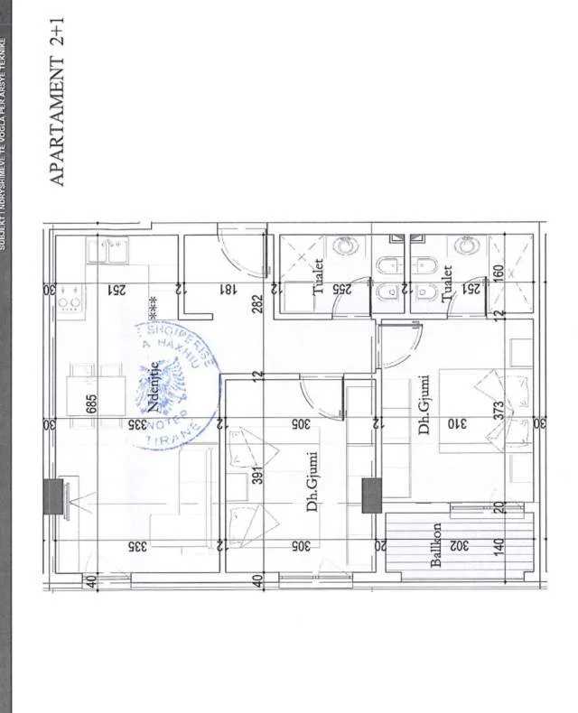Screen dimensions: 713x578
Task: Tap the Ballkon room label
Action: (x=436, y=545)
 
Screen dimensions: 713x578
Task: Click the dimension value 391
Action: (x=257, y=476)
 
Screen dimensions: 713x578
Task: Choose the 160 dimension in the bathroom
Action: (x=497, y=273)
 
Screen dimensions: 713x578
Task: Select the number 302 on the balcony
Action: (x=458, y=545)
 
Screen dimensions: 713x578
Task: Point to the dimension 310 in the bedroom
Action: (x=456, y=423)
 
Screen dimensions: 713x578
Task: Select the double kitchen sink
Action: (x=108, y=252)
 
